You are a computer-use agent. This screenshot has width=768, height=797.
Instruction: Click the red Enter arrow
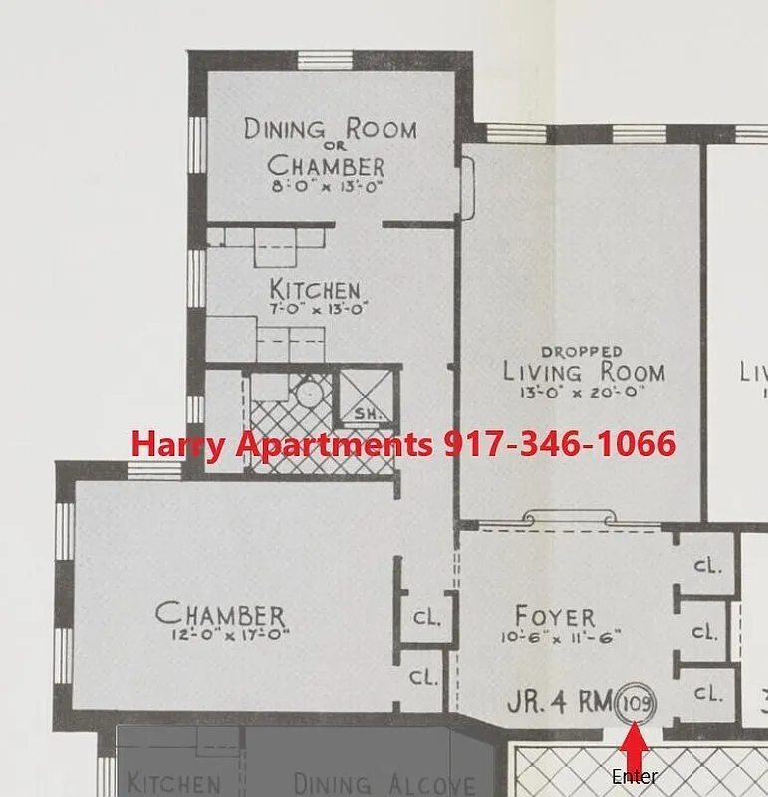[636, 747]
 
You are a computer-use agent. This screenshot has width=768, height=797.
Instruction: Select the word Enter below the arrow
[636, 777]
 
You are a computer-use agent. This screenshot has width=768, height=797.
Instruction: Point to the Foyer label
[555, 616]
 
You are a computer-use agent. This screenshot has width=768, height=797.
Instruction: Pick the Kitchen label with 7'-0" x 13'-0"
[315, 290]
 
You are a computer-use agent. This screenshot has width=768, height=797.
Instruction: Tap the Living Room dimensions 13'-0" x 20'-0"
[582, 394]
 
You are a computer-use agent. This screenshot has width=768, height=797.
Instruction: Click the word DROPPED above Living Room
[582, 352]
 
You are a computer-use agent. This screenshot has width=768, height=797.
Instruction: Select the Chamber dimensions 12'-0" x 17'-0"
[221, 634]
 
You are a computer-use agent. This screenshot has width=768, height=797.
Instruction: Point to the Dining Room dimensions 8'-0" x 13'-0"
[325, 186]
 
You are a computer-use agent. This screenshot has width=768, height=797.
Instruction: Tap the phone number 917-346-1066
[560, 444]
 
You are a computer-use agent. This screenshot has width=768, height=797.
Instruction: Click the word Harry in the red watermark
[178, 444]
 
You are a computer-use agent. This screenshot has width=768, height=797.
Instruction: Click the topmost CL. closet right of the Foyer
[707, 566]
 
